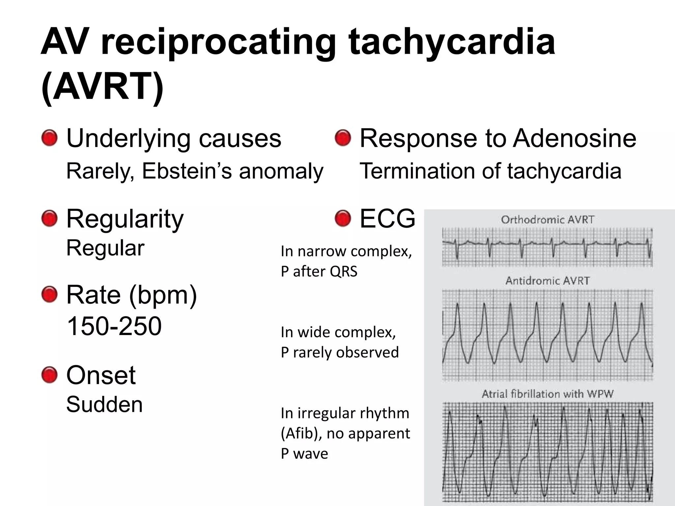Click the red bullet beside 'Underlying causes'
49,138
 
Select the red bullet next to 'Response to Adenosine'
343,138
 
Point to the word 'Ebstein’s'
187,171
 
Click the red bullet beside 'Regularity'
49,219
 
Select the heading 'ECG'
387,219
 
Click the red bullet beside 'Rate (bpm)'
49,295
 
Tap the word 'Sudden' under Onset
104,405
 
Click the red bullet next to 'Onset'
49,375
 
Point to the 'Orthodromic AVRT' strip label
547,220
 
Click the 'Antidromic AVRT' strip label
547,281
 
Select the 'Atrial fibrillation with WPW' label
547,394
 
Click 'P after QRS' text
319,272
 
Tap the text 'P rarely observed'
340,352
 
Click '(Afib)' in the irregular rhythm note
301,434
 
